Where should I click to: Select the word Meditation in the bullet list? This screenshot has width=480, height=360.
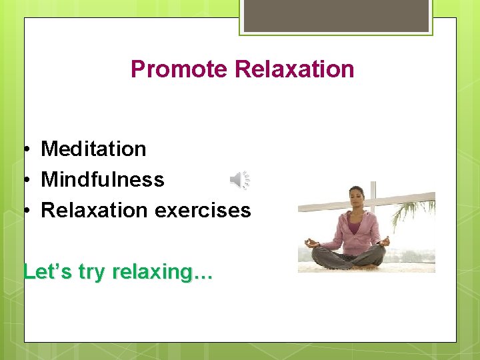[93, 149]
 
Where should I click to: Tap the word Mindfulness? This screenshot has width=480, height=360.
[102, 179]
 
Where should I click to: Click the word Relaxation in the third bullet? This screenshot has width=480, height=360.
[94, 211]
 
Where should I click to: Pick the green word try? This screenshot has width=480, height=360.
[93, 272]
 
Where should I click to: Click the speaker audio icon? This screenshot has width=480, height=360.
[240, 180]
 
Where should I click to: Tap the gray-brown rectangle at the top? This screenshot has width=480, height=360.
[336, 15]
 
